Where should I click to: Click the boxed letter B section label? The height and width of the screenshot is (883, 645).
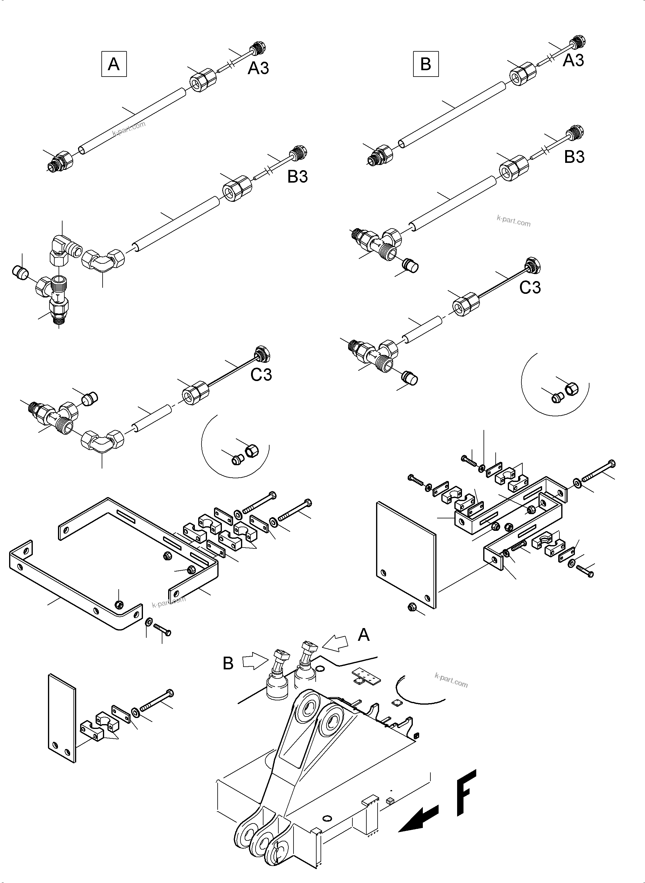click(426, 64)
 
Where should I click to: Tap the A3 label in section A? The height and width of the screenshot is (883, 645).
click(259, 68)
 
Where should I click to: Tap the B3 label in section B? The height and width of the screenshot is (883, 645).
click(574, 157)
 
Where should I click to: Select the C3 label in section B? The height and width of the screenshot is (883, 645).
click(530, 288)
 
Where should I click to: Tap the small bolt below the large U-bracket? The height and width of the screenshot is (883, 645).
click(162, 629)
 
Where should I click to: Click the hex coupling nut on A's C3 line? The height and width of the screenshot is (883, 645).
click(194, 393)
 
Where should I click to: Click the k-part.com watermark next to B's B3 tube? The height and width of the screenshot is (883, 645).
click(514, 222)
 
